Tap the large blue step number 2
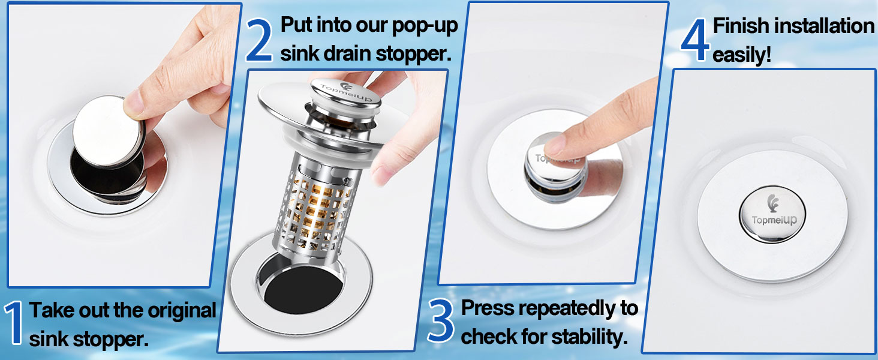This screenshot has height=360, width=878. [259, 40]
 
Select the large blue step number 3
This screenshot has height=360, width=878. [440, 322]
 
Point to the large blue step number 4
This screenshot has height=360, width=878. [695, 40]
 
